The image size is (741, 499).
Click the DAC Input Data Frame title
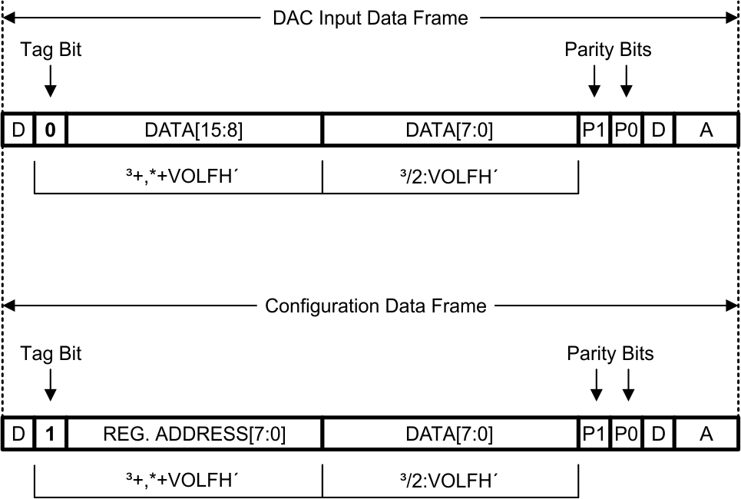click(370, 18)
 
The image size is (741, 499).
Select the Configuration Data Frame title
click(375, 306)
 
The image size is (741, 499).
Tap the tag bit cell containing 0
click(51, 130)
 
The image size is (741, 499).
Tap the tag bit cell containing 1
click(51, 435)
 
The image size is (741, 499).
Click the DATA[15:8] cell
click(194, 130)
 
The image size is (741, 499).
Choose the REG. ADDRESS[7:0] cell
click(194, 435)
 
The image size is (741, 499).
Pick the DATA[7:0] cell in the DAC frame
click(449, 130)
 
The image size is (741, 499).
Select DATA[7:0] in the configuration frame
click(449, 435)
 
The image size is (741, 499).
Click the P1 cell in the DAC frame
click(594, 130)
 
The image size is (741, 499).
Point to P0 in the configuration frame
click(627, 435)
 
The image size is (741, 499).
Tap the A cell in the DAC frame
click(706, 130)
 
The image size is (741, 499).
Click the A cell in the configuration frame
click(706, 435)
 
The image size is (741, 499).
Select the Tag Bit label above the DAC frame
click(51, 50)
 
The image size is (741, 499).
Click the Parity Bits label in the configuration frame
click(610, 353)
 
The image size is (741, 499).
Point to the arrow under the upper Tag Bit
click(51, 80)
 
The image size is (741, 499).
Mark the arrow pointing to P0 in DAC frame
click(627, 80)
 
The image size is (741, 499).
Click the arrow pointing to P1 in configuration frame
click(596, 384)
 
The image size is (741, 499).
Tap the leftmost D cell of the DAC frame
click(17, 130)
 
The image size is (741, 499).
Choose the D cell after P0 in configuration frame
click(658, 435)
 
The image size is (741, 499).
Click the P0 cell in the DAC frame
click(627, 130)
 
